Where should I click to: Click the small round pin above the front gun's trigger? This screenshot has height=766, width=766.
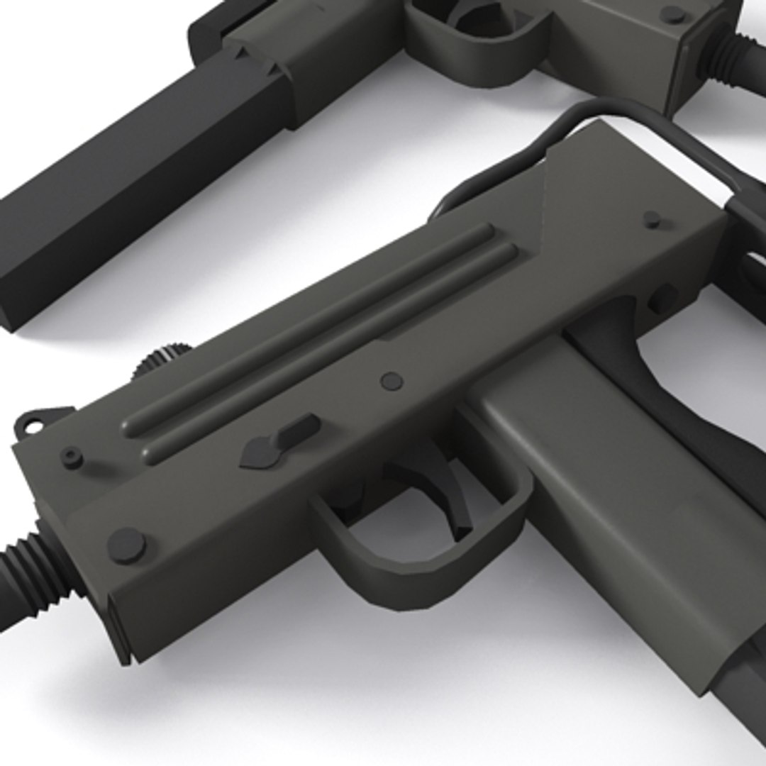click(391, 382)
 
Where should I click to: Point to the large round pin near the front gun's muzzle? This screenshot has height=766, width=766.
click(126, 545)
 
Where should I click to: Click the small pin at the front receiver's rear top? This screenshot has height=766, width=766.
click(652, 219)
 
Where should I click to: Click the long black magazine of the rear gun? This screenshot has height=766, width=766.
click(135, 191)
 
